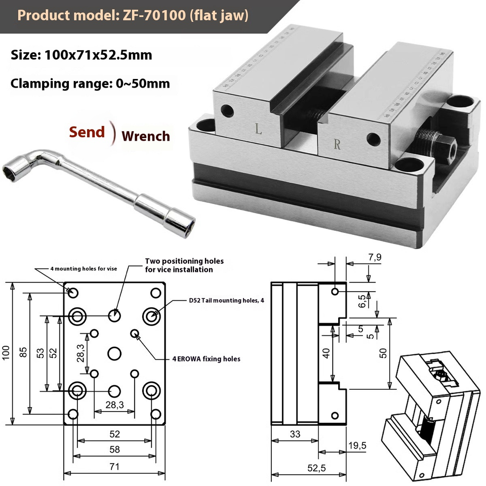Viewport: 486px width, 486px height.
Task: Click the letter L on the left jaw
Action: (258, 130)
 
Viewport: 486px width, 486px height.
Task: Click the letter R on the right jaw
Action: (337, 144)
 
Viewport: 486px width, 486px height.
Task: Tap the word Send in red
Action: (87, 132)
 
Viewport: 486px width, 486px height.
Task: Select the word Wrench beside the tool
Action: (146, 136)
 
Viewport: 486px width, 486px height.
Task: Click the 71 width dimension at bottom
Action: (114, 467)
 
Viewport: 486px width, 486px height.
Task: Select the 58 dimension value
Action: (114, 450)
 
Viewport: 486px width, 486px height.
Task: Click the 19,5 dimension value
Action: (357, 445)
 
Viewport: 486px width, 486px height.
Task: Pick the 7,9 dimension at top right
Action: (375, 257)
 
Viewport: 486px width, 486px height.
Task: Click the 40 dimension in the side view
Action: (327, 353)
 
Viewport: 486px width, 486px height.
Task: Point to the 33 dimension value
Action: (295, 433)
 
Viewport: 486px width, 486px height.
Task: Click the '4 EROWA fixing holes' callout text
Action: (206, 359)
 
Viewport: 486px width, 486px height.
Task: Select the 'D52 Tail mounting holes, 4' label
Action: (226, 300)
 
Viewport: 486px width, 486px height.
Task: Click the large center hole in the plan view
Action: (115, 353)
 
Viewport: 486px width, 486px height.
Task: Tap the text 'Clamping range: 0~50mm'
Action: (90, 83)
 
